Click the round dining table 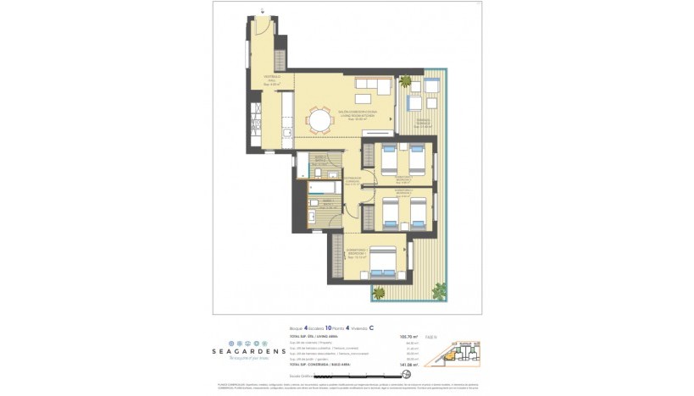(x=320, y=122)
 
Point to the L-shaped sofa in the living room (x=374, y=87)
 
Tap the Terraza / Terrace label (x=421, y=124)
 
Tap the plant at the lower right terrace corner (x=439, y=291)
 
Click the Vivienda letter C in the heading (x=371, y=327)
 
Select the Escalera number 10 (x=325, y=327)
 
